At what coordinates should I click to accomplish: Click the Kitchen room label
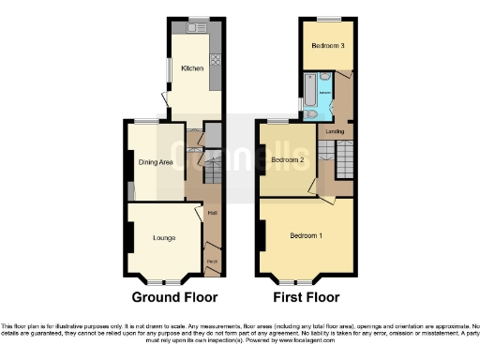click(x=192, y=68)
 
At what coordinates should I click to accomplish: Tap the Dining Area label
click(x=157, y=162)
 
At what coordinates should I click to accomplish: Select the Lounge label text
click(x=164, y=237)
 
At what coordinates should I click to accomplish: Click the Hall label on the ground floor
click(x=213, y=221)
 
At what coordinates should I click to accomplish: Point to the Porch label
click(x=212, y=260)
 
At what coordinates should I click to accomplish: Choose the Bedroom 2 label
click(x=288, y=160)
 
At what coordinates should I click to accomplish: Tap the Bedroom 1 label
click(x=306, y=234)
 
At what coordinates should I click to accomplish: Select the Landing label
click(x=334, y=131)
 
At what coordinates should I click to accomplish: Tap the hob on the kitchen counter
click(x=215, y=62)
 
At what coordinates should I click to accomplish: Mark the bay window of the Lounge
click(x=163, y=280)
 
